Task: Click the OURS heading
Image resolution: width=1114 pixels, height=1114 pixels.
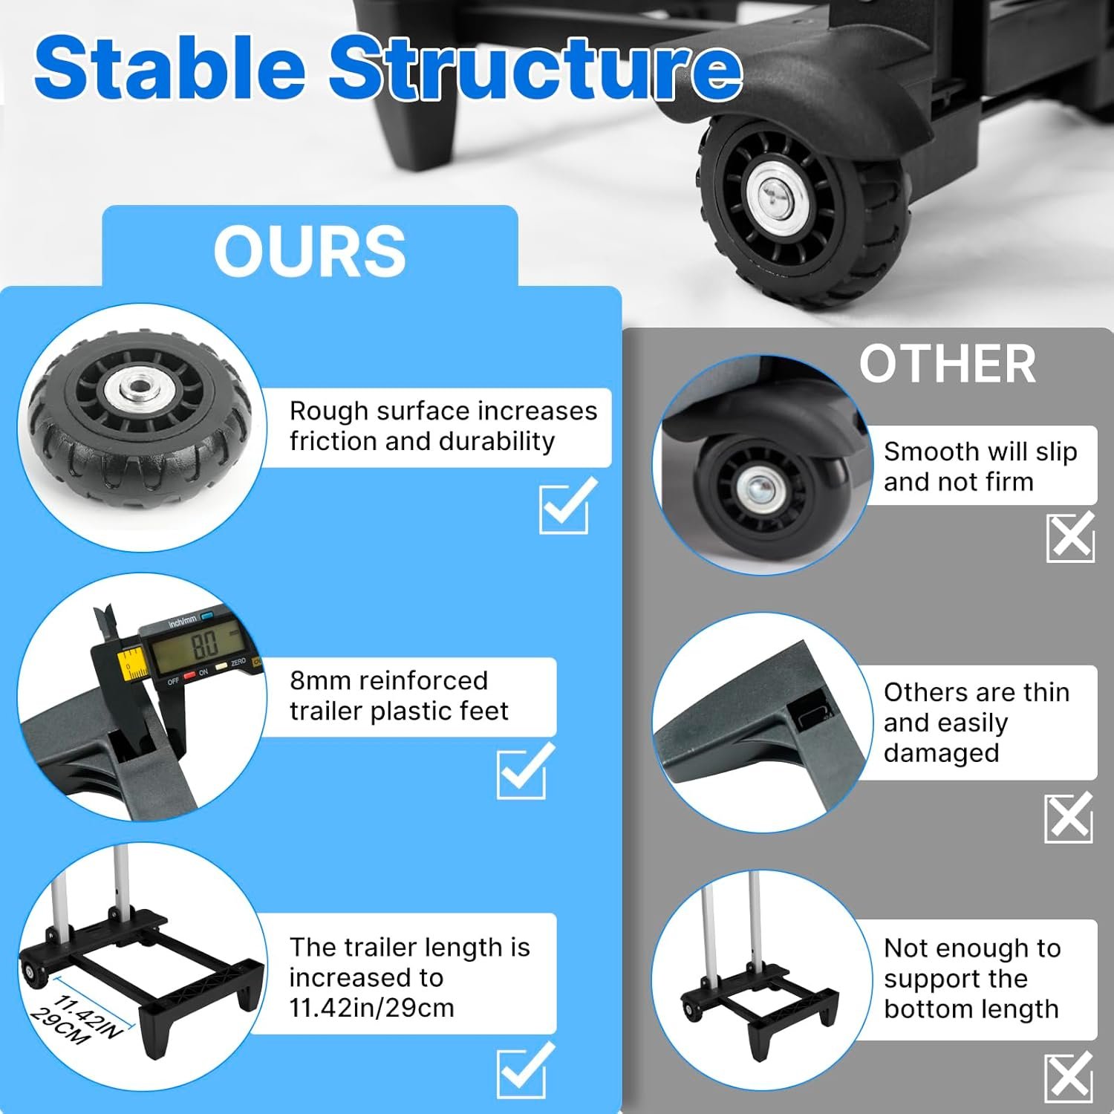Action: (310, 251)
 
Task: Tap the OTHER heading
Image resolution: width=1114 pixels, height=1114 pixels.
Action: (948, 364)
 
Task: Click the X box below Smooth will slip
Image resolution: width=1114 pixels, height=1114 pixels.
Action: (1070, 535)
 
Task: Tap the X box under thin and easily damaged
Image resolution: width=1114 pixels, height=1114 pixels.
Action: (1069, 817)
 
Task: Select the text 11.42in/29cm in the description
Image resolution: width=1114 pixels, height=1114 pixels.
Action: (371, 1008)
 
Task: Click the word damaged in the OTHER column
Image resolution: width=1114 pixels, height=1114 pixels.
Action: (941, 753)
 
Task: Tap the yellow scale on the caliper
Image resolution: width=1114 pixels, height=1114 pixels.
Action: (134, 664)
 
